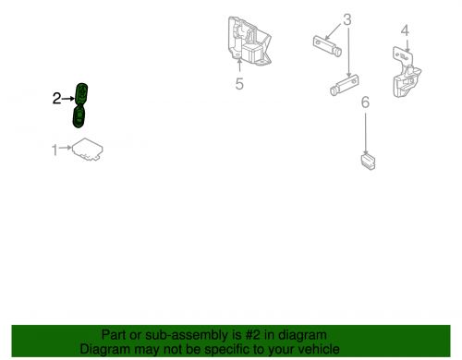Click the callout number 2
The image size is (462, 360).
coord(56,99)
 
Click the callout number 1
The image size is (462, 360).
coord(55,150)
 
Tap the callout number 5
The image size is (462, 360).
coord(239,84)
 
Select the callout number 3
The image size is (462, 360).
coord(347,19)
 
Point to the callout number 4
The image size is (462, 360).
coord(405,30)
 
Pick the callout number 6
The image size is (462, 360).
coord(365,102)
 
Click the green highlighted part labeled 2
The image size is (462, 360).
coord(79,105)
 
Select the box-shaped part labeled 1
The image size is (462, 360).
coord(88,150)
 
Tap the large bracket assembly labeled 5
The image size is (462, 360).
coord(249,41)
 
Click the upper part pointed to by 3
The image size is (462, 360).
coord(327,46)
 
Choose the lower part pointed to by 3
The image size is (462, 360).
coord(345,85)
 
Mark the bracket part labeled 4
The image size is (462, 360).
coord(407,72)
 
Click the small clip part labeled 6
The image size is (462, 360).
coord(368,162)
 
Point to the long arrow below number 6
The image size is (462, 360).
coord(366,134)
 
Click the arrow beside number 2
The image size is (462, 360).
coord(68,99)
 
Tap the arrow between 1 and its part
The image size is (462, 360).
coord(66,148)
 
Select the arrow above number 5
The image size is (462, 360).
coord(239,66)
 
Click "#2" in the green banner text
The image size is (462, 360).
coord(253,335)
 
